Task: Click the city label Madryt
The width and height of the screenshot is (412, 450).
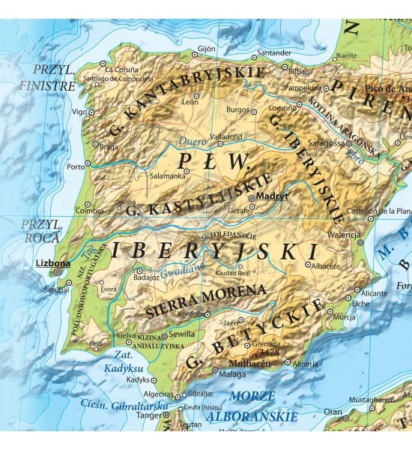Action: pyautogui.click(x=272, y=196)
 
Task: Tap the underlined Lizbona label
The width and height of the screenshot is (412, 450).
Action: pyautogui.click(x=52, y=263)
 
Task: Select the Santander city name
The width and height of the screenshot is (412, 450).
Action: pyautogui.click(x=274, y=53)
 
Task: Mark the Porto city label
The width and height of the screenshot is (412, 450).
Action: pyautogui.click(x=75, y=166)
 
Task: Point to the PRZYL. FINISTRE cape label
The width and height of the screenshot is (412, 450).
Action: pyautogui.click(x=53, y=76)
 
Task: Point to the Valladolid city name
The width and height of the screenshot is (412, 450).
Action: pyautogui.click(x=225, y=137)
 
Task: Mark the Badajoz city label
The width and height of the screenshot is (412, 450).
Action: pyautogui.click(x=146, y=277)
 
